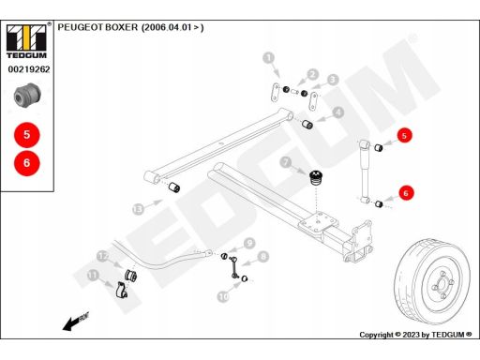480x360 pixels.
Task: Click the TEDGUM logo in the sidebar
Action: [x=26, y=41]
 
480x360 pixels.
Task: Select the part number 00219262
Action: [x=29, y=69]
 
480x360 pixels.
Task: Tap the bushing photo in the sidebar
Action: [x=27, y=96]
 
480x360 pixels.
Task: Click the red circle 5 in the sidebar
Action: [x=27, y=135]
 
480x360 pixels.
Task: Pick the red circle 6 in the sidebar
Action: [x=27, y=162]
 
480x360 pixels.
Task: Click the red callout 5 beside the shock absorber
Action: [x=404, y=136]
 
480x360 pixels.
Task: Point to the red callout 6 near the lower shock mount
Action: [x=406, y=193]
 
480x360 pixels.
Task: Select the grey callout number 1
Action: [x=269, y=58]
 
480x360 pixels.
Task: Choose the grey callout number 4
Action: [x=337, y=112]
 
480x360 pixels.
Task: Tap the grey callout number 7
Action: [x=285, y=162]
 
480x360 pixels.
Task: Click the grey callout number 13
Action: [x=138, y=209]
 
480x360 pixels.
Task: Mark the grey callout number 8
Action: [x=262, y=257]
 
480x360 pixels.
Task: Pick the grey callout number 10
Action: [x=223, y=296]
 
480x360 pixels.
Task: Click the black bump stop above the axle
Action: [x=316, y=178]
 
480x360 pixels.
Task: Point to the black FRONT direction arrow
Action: [x=76, y=322]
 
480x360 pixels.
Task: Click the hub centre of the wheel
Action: [x=442, y=284]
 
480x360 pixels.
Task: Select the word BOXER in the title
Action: [x=121, y=27]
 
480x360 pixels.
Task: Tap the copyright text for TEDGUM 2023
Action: [x=415, y=335]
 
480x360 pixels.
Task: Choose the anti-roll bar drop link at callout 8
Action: [x=234, y=266]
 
